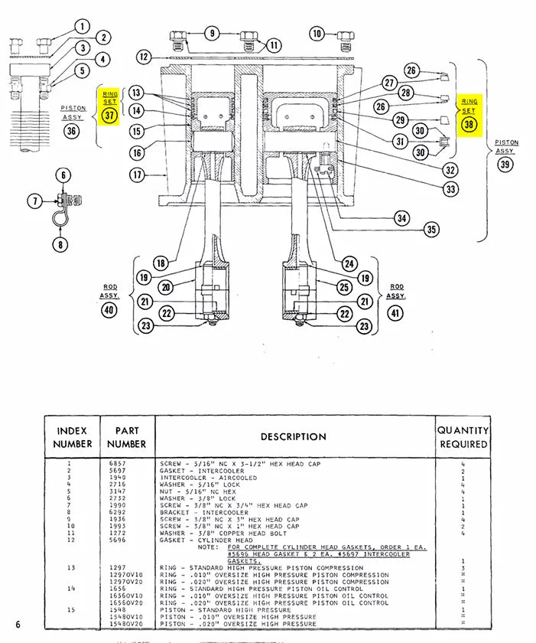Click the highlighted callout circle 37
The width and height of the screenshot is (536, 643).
(x=111, y=116)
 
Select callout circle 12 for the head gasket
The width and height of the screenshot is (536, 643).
(x=145, y=56)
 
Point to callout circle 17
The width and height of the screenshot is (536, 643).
(x=137, y=175)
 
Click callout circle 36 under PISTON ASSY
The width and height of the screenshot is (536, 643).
(x=73, y=130)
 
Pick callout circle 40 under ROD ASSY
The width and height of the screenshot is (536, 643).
(x=109, y=309)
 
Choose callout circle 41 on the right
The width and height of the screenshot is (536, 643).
(x=395, y=312)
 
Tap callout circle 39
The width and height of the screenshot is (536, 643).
(x=505, y=165)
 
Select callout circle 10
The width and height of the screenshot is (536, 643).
(x=318, y=33)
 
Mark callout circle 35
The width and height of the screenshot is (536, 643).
(x=432, y=229)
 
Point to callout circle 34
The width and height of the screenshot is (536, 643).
(x=402, y=218)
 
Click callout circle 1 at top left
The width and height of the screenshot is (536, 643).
(x=83, y=27)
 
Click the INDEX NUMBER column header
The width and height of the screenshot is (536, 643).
(x=73, y=437)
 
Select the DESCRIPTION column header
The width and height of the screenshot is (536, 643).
(x=294, y=437)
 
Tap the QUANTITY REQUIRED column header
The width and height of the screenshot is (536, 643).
(x=463, y=437)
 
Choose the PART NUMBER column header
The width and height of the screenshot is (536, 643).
(x=126, y=437)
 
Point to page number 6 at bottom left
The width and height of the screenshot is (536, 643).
(x=17, y=625)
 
